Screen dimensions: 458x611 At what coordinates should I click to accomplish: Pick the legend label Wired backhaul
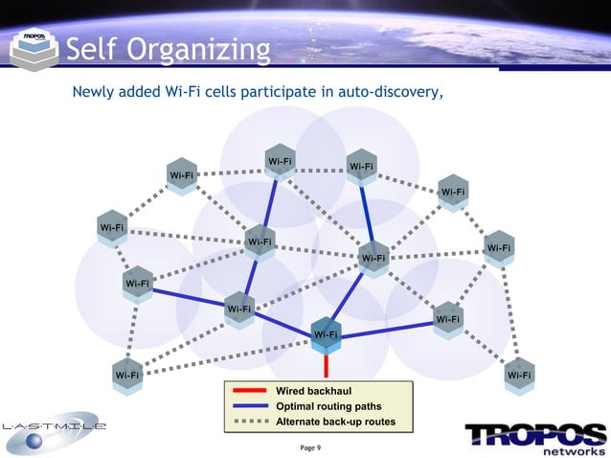click(x=313, y=392)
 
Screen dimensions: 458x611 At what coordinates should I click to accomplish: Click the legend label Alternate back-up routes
click(x=335, y=423)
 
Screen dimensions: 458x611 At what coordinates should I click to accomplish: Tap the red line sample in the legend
click(x=249, y=392)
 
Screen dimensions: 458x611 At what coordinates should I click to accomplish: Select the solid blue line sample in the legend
click(x=249, y=407)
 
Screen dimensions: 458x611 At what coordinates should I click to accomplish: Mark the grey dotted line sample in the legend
click(x=249, y=423)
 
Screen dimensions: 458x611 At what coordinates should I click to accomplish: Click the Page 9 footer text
click(x=311, y=447)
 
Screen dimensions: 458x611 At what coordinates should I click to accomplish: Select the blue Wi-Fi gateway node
click(x=327, y=333)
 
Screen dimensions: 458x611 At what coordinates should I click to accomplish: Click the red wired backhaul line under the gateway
click(x=327, y=365)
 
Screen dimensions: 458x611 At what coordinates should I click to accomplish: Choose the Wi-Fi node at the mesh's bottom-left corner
click(x=125, y=374)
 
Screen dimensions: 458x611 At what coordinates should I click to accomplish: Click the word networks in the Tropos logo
click(x=572, y=449)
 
